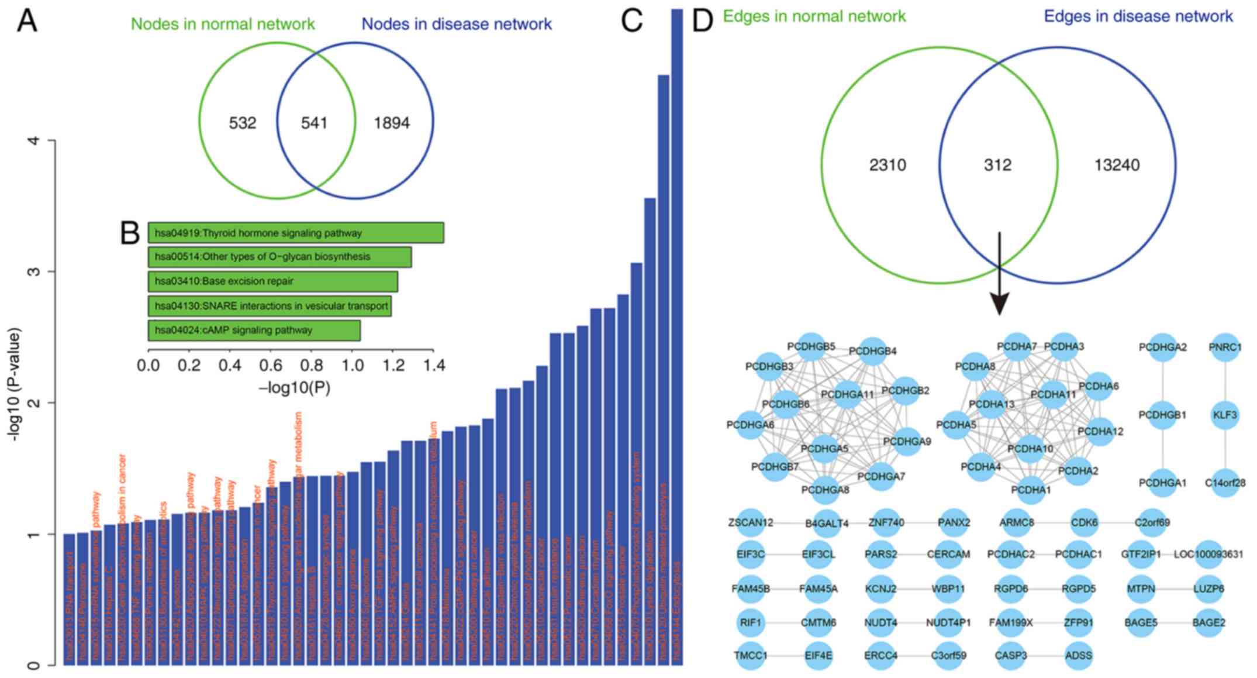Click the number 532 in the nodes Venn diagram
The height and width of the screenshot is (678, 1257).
coord(243,123)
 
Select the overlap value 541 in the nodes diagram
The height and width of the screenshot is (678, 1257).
coord(314,123)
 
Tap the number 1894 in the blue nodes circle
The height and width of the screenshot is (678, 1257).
coord(392,123)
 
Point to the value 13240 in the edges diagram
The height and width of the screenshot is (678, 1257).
coord(1117,165)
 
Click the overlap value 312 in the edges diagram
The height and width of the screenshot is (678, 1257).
coord(997,165)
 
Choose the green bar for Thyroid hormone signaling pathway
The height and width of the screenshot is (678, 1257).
coord(295,233)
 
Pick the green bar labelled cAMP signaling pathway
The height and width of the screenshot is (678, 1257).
coord(254,330)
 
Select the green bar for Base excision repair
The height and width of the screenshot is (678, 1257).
coord(272,281)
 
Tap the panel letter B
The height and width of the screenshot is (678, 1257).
coord(130,233)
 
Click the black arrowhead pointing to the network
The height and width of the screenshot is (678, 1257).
coord(999,304)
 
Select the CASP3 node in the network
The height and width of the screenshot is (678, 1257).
coord(1011,655)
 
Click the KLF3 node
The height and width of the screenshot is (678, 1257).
coord(1224,415)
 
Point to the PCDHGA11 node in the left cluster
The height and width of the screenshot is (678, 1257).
coord(847,395)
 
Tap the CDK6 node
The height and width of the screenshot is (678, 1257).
coord(1084,522)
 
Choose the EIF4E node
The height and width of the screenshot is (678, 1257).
coord(818,655)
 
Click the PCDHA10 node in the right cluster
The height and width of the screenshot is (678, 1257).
coord(1030,449)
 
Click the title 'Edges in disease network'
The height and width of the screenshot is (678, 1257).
coord(1138,16)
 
